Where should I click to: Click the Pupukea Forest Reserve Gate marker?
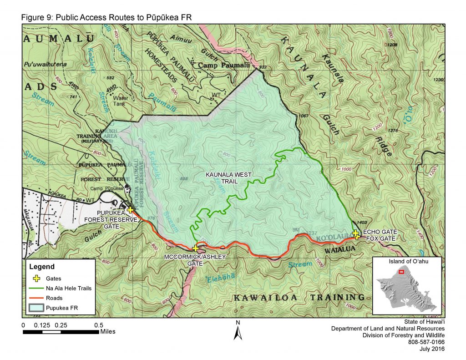pyautogui.click(x=130, y=210)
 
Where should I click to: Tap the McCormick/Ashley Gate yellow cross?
pyautogui.click(x=195, y=248)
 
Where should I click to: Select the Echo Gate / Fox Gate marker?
pyautogui.click(x=356, y=235)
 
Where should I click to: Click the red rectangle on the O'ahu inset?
pyautogui.click(x=401, y=272)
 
